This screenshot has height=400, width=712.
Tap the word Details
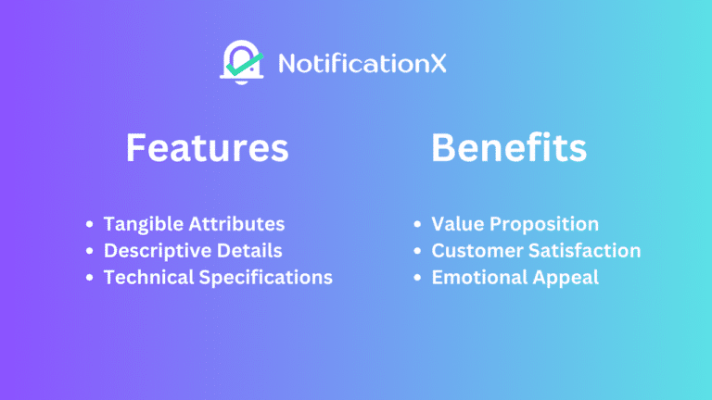tap(250, 250)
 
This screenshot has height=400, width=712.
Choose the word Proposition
tap(546, 224)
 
